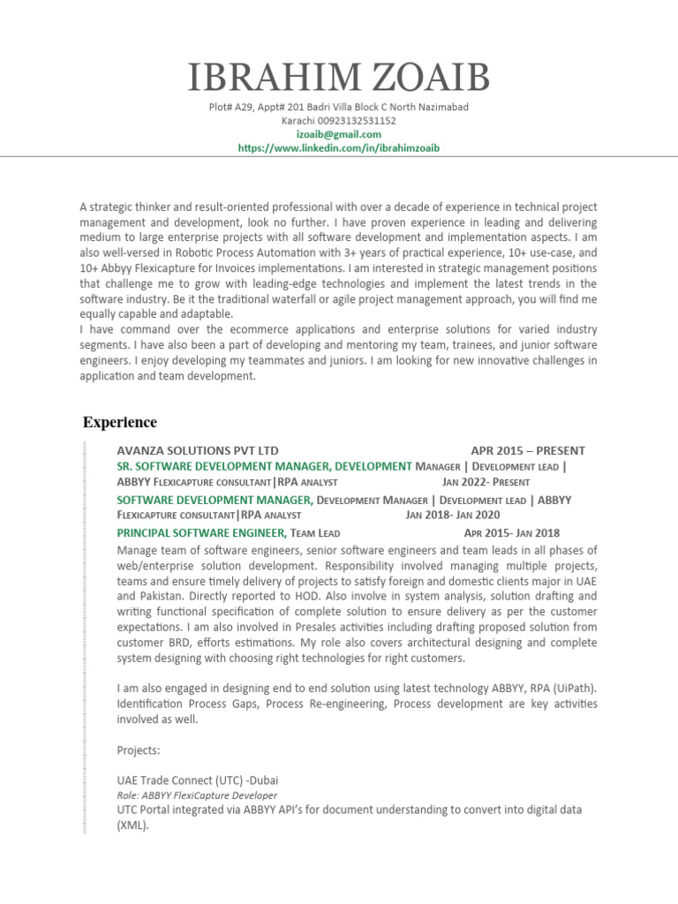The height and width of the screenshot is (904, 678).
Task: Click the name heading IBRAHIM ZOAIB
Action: tap(338, 79)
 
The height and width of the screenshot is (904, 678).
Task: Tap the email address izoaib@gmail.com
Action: tap(338, 134)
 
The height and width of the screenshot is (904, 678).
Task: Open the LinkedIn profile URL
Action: tap(338, 148)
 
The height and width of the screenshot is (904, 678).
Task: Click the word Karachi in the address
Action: tap(298, 121)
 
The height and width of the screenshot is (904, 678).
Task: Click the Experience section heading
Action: tap(120, 422)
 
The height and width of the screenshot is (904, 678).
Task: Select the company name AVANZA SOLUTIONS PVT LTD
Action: tap(198, 450)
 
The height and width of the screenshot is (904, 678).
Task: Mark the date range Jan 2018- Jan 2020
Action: tap(453, 515)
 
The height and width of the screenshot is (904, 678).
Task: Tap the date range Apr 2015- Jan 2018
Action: tap(511, 532)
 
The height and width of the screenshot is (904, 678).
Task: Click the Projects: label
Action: tap(139, 750)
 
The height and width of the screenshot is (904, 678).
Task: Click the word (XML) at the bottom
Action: tap(132, 826)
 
